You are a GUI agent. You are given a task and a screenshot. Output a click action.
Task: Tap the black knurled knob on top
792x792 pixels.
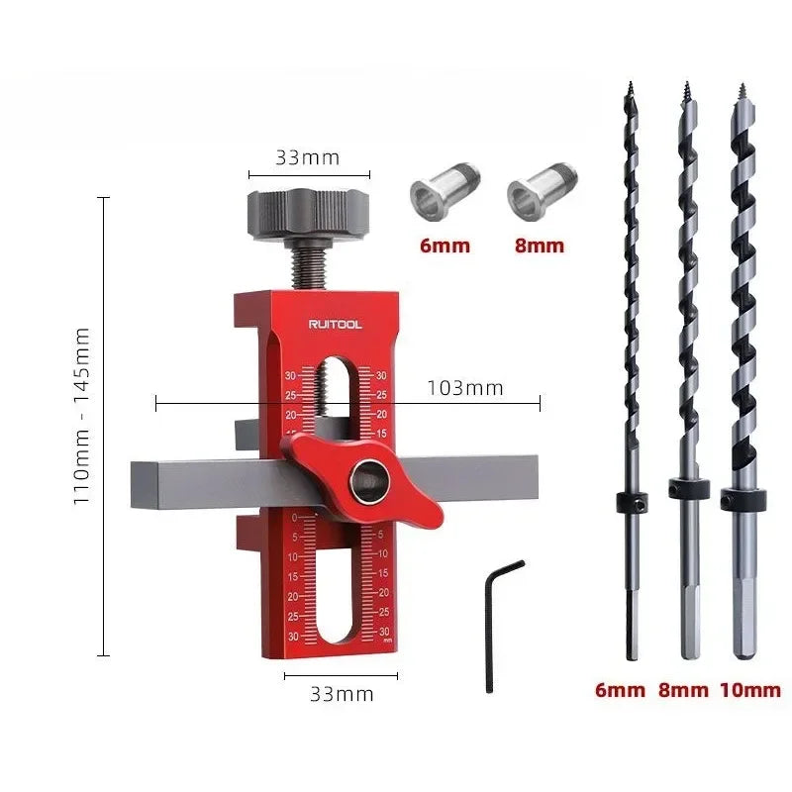[x=307, y=210]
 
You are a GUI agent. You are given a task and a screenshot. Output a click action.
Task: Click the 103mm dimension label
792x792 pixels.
[x=464, y=388]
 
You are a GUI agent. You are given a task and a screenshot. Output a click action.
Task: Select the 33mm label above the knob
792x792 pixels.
[x=307, y=157]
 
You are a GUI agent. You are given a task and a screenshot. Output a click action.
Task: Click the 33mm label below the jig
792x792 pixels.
[x=342, y=694]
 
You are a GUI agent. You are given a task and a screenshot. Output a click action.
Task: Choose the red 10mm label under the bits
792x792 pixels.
[x=750, y=690]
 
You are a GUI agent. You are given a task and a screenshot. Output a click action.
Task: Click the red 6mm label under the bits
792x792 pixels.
[x=621, y=690]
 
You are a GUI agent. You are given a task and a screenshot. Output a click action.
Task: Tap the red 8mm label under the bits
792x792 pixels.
[x=683, y=690]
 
